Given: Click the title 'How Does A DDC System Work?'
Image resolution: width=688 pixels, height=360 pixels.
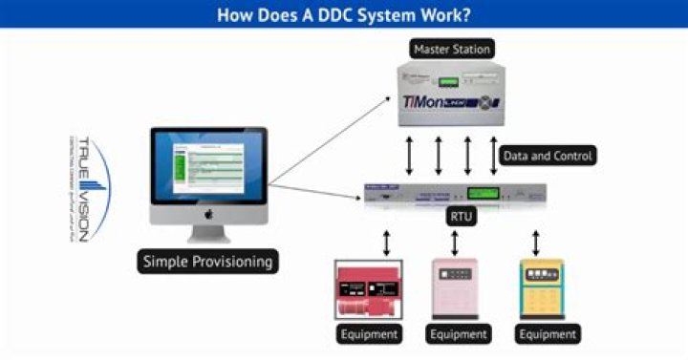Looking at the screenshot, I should (x=343, y=14).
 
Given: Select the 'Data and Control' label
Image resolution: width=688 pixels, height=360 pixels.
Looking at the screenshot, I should (x=548, y=155).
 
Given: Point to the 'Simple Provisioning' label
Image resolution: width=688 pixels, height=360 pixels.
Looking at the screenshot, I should (x=208, y=261).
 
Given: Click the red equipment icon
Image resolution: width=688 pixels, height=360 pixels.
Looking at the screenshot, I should (x=368, y=287).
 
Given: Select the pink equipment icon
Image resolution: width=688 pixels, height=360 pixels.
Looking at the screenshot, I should (x=457, y=287).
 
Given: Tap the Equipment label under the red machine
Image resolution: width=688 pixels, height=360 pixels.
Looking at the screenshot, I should (x=368, y=334).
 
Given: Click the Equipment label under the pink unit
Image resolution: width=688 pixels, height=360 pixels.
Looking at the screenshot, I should (x=457, y=334).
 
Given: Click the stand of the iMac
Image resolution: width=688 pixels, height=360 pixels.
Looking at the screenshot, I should (x=208, y=235).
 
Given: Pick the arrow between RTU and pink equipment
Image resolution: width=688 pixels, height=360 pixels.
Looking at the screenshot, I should (x=456, y=241).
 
